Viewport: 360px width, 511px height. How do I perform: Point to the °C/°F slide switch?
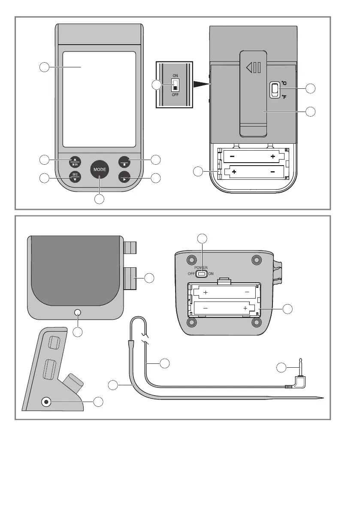[274, 90]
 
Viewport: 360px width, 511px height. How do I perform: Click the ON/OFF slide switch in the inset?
[175, 86]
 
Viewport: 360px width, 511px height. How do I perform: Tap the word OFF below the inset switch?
[175, 95]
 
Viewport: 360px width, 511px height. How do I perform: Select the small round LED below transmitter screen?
[78, 312]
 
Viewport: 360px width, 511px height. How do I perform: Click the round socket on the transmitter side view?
[46, 402]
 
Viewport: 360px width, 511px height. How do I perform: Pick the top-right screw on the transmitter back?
[257, 260]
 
